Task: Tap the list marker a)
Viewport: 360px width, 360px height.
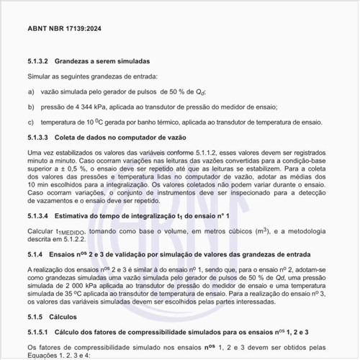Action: click(31, 92)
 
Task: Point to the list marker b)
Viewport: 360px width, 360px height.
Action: click(31, 107)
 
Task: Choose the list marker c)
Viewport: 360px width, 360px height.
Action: click(31, 122)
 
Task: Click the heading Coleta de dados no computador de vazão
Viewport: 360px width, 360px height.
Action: click(121, 138)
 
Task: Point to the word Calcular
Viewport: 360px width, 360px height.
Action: click(40, 231)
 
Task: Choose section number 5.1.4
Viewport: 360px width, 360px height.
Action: click(35, 255)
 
